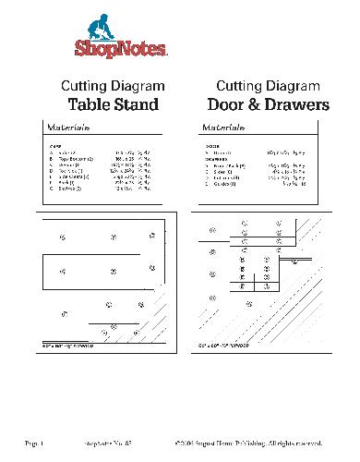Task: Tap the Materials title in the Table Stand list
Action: coord(66,128)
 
